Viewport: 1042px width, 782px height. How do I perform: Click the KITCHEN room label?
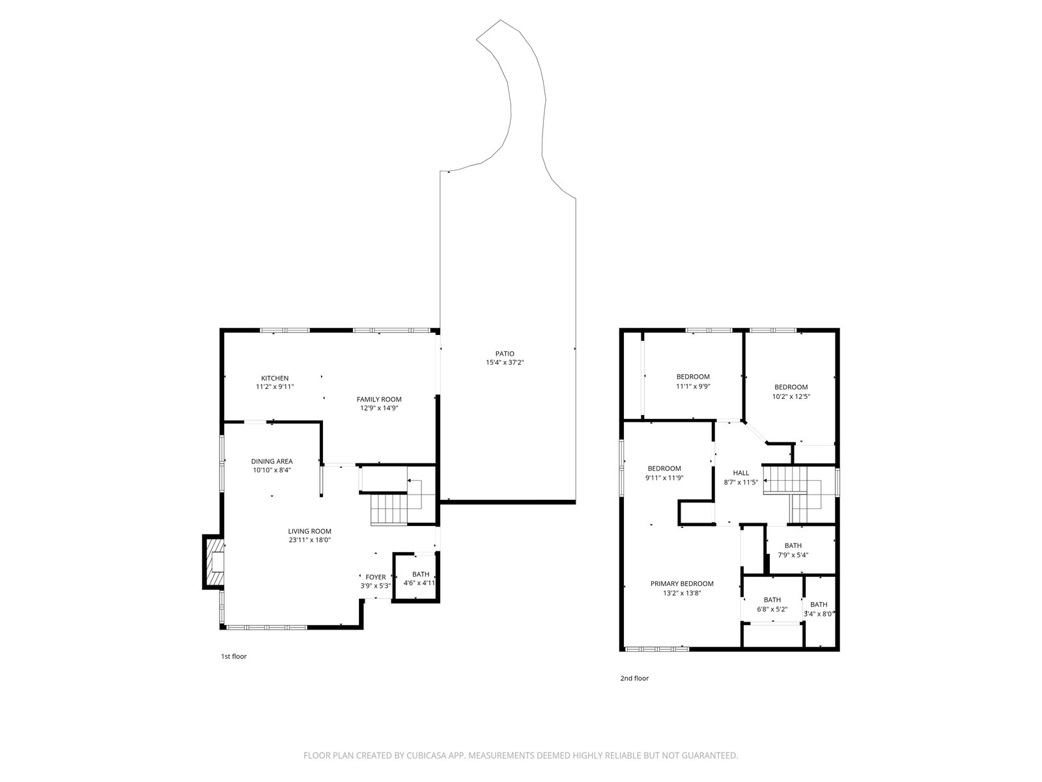coord(274,378)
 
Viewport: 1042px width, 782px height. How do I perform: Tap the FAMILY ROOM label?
coord(379,399)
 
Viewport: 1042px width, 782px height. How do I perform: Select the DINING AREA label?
coord(272,461)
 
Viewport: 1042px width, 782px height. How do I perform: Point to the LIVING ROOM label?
coord(309,531)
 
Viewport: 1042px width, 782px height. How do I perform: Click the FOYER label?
coord(376,577)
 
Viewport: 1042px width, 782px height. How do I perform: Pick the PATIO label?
coord(505,354)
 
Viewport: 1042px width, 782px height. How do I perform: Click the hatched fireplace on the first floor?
coord(214,562)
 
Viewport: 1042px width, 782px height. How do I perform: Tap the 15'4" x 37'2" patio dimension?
coord(505,363)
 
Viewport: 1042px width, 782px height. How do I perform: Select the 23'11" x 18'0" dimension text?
coord(309,540)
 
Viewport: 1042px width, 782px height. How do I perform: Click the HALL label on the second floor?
coord(740,473)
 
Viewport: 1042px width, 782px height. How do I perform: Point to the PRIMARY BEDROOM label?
coord(682,583)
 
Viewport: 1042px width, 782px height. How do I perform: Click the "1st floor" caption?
coord(234,656)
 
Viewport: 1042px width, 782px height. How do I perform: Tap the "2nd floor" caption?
coord(634,678)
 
